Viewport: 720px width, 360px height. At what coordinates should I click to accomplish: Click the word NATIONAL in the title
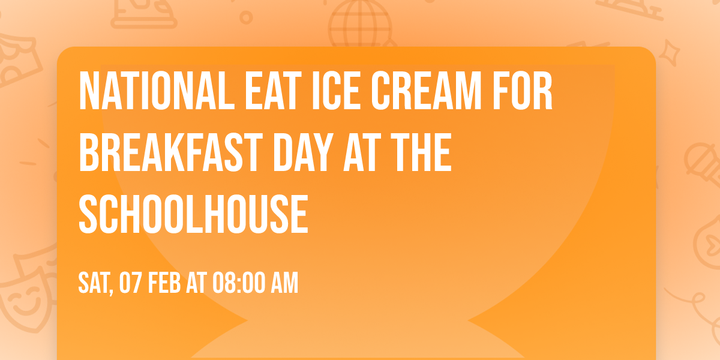pyautogui.click(x=149, y=92)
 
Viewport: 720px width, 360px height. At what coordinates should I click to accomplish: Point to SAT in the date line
pyautogui.click(x=93, y=283)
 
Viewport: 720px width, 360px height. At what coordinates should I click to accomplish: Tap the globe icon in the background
pyautogui.click(x=359, y=24)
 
